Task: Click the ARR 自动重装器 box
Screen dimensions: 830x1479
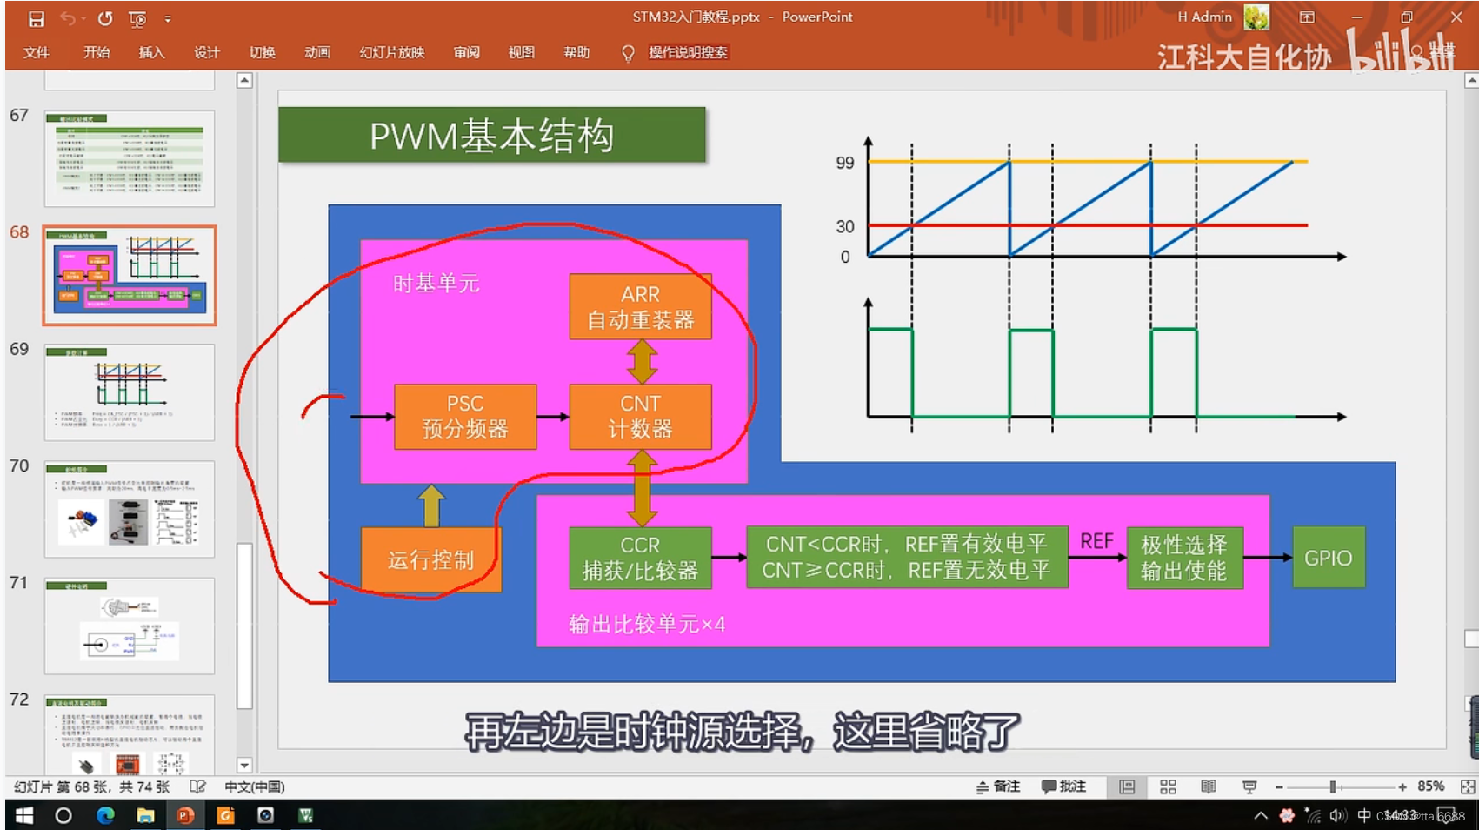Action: [640, 307]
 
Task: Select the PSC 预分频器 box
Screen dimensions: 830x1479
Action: [465, 417]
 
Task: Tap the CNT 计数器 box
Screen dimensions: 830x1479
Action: [640, 417]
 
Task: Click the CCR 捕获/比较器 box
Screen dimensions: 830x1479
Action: [640, 558]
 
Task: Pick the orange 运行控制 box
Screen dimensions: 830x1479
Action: [430, 559]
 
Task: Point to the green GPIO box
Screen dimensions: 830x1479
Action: [1328, 558]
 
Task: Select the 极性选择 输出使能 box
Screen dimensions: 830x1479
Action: [1183, 558]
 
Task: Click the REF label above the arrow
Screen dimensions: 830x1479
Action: [1096, 541]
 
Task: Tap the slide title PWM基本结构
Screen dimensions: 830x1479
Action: [492, 136]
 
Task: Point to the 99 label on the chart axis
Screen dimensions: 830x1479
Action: [845, 163]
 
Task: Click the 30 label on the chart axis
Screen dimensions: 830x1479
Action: [845, 226]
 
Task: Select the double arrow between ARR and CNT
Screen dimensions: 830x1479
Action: [642, 361]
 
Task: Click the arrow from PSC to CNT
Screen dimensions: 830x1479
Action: [552, 417]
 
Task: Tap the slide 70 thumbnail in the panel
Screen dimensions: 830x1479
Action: [130, 509]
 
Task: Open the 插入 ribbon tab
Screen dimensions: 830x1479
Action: [151, 52]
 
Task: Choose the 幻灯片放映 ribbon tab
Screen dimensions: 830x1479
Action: [391, 52]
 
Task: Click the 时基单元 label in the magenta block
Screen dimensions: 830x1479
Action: [436, 284]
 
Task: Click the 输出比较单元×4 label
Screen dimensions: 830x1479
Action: [646, 624]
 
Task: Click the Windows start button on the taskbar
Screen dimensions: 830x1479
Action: [24, 815]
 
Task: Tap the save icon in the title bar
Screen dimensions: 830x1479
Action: [36, 18]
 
